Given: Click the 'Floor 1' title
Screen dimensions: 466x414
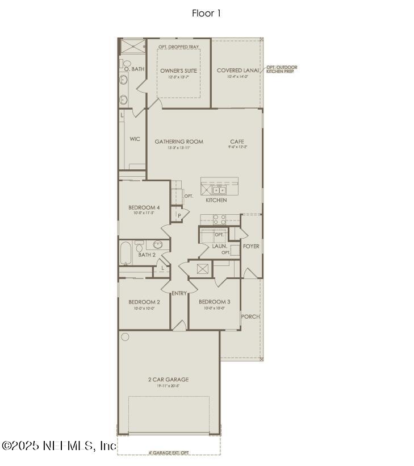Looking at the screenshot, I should point(206,13).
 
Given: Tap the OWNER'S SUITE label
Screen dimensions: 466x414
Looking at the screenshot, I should point(178,70).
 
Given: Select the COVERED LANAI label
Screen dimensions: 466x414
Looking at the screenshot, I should point(238,70).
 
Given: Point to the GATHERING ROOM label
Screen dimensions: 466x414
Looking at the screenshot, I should point(178,142).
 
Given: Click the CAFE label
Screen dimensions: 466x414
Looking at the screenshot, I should point(237,142).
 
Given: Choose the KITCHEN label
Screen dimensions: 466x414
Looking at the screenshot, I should point(216,200).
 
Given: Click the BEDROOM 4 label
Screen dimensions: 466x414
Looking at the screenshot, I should point(144,207).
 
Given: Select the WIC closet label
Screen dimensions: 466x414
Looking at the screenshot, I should point(135,139).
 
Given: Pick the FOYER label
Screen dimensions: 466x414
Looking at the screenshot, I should point(251,246).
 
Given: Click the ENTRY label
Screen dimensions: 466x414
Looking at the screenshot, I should point(179,293).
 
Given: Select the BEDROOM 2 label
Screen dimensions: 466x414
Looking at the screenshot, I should point(144,302).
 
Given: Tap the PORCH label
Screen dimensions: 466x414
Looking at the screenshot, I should point(250,317).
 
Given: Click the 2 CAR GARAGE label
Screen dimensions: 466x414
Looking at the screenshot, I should point(168,380).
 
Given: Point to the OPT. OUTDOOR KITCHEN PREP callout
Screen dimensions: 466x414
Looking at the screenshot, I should point(282,69).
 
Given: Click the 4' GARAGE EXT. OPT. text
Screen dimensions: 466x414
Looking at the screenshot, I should point(168,452).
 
